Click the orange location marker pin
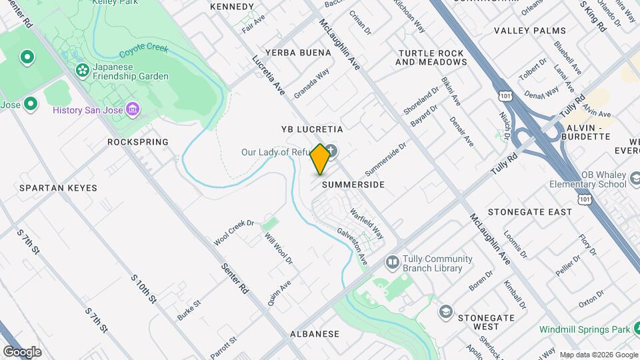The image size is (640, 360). [x=321, y=159]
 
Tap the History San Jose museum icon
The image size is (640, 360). [x=133, y=109]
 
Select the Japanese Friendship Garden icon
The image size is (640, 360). [x=83, y=70]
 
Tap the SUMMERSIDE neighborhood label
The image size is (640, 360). [x=353, y=185]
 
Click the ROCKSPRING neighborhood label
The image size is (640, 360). [x=138, y=142]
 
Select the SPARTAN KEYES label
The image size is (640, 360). [x=58, y=188]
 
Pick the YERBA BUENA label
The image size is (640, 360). [x=297, y=53]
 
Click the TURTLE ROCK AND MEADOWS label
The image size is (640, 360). [x=431, y=57]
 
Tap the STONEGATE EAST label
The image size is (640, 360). [x=530, y=212]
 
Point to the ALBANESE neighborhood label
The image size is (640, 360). [x=315, y=333]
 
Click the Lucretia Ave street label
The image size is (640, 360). [x=269, y=74]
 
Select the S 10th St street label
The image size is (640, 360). [x=143, y=289]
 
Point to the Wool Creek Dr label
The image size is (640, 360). [x=234, y=232]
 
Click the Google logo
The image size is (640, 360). [x=22, y=351]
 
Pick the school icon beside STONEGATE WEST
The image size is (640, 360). [x=445, y=311]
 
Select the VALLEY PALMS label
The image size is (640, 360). [x=529, y=31]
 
